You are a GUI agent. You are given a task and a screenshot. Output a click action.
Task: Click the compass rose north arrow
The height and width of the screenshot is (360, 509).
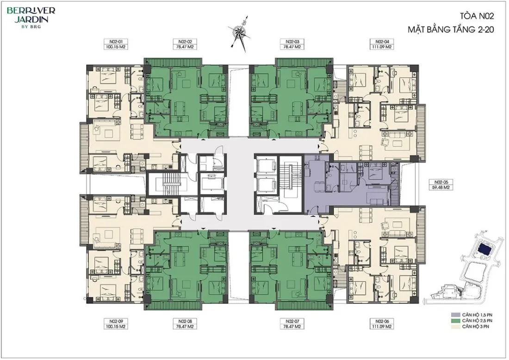pos(241,34)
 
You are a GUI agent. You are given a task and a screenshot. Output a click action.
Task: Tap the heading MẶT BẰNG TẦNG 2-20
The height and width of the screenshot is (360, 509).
pos(451,29)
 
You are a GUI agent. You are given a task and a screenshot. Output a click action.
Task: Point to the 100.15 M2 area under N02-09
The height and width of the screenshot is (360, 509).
pos(115,326)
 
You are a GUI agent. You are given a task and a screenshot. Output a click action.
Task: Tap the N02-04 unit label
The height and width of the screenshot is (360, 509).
pos(382,42)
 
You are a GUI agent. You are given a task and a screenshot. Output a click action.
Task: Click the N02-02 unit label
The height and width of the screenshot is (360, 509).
pos(186,42)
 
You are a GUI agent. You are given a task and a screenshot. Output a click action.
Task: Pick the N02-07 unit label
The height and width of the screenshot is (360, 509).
pos(292,321)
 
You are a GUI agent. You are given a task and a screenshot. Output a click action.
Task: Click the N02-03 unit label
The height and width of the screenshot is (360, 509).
pos(292,42)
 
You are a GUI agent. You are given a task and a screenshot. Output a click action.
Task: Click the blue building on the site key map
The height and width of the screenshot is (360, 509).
pos(487,250)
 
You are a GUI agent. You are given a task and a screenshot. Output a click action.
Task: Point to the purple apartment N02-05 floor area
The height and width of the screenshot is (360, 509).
pos(351,183)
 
